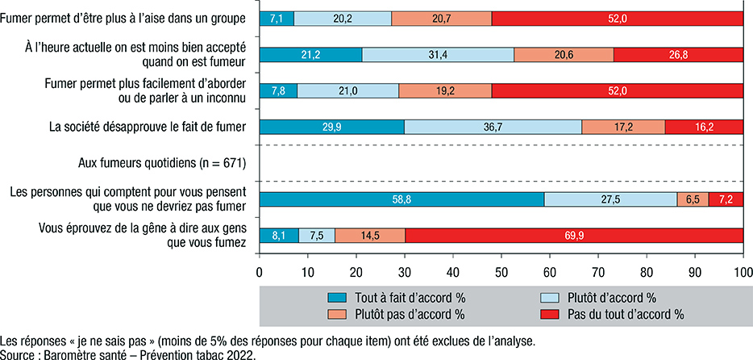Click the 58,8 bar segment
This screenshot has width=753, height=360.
(x=401, y=199)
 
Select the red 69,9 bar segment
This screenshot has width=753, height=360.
(x=574, y=236)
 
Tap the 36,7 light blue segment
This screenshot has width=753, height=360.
(x=493, y=127)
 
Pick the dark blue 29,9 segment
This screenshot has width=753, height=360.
(x=331, y=127)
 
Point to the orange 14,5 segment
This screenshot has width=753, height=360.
(x=369, y=236)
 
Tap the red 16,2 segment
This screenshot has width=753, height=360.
(x=704, y=127)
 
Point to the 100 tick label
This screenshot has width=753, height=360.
(x=741, y=273)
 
